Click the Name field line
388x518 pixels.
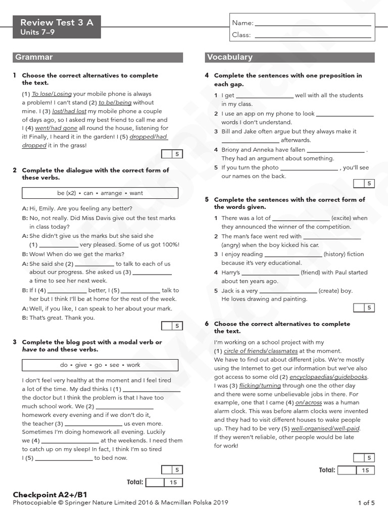click(x=313, y=24)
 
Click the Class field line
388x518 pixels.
click(x=313, y=36)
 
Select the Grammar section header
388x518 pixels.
click(x=34, y=57)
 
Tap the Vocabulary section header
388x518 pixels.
click(x=229, y=57)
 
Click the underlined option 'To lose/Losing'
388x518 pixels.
click(x=52, y=94)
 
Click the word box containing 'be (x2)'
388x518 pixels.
click(x=100, y=193)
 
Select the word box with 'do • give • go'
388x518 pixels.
click(x=100, y=365)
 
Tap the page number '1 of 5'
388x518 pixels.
click(x=366, y=502)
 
